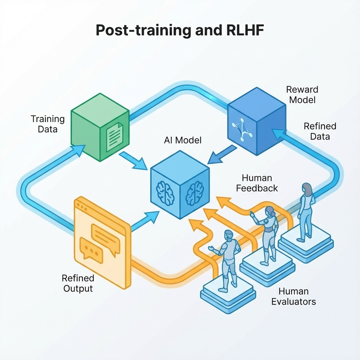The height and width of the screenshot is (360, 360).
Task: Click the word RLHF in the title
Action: [245, 30]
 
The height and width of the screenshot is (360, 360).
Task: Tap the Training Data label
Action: [48, 124]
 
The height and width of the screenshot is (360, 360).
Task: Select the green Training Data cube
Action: [100, 127]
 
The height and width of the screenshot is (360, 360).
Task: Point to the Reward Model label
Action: [302, 95]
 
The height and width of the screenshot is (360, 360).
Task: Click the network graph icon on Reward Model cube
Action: [242, 129]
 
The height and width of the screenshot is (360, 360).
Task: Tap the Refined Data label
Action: [320, 131]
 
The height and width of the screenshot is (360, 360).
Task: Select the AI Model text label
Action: [183, 140]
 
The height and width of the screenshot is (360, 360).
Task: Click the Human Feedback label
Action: [257, 183]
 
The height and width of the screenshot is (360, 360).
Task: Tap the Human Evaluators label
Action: [294, 296]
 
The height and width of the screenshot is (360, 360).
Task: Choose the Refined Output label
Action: [78, 283]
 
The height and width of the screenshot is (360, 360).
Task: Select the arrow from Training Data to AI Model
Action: [133, 161]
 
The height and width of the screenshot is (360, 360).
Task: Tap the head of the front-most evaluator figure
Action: [229, 235]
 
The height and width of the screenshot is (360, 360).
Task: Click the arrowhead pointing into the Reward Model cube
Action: [279, 135]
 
